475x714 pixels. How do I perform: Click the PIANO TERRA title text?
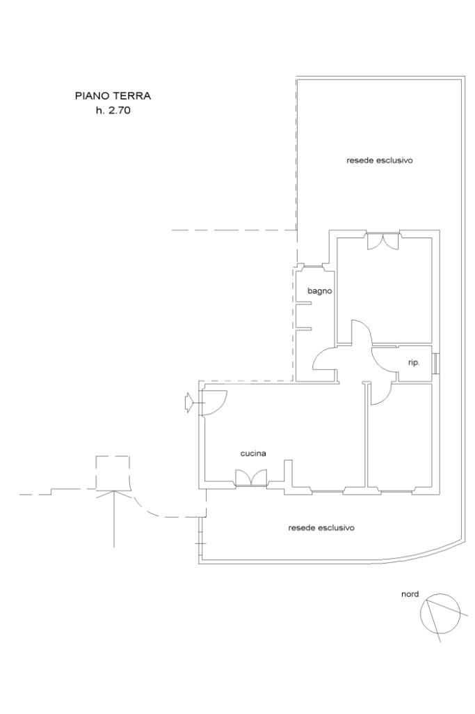click(113, 96)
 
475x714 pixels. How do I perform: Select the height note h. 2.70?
click(113, 110)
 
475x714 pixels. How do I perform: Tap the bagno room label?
click(319, 291)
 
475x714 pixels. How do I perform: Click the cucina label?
click(253, 453)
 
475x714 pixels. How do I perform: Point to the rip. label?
click(414, 364)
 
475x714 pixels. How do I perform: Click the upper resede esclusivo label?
click(380, 161)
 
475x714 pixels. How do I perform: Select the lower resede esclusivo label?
click(321, 528)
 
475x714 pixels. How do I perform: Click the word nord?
click(410, 594)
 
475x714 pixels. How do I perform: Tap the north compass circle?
click(440, 614)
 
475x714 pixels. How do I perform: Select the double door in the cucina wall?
click(251, 478)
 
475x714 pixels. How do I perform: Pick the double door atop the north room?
click(383, 241)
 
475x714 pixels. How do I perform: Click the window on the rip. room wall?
click(435, 364)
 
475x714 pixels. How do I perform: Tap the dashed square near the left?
click(112, 473)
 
